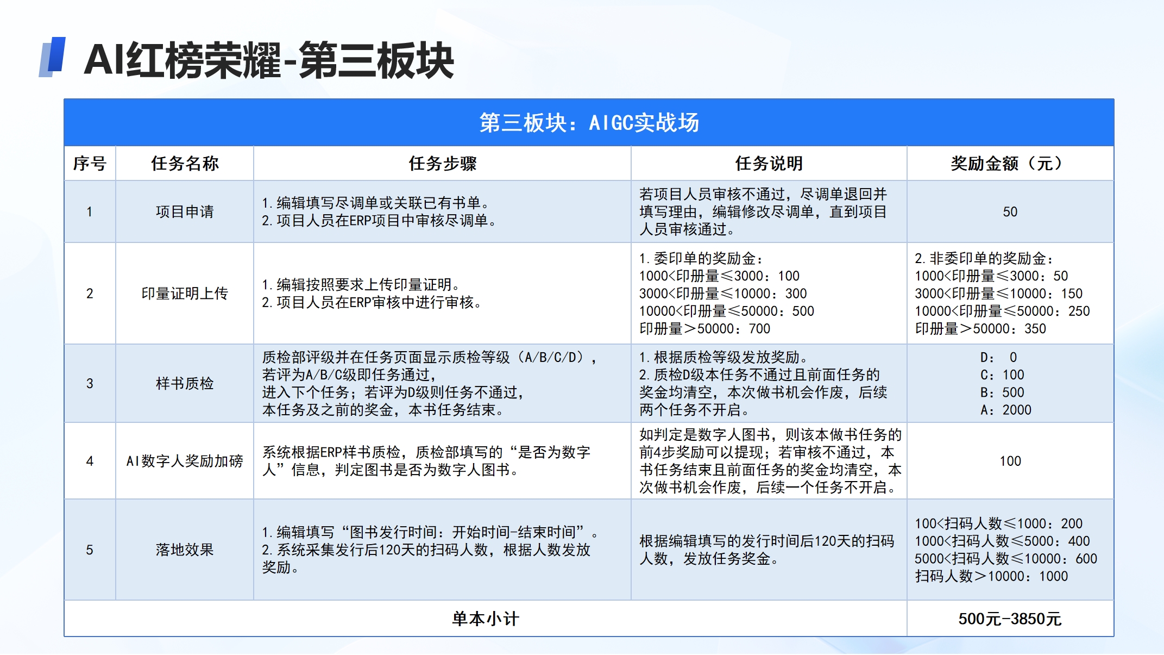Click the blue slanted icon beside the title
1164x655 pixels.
click(x=52, y=57)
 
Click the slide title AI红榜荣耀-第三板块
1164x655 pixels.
click(x=269, y=60)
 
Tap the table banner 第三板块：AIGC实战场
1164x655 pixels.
click(x=589, y=123)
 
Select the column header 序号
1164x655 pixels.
click(x=90, y=164)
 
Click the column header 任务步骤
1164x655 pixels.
click(x=442, y=164)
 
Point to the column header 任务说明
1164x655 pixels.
click(x=769, y=164)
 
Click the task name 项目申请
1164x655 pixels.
click(x=185, y=211)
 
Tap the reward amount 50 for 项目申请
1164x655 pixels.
click(x=1010, y=211)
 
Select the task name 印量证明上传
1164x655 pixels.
click(x=185, y=294)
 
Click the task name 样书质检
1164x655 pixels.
click(x=185, y=384)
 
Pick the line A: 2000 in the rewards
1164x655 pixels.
click(x=1006, y=410)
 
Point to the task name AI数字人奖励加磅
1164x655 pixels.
click(x=185, y=461)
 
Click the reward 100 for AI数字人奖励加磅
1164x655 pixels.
click(x=1010, y=461)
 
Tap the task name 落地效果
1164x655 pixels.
click(x=185, y=550)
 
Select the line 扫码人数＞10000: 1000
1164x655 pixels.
click(x=991, y=576)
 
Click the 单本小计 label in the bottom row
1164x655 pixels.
click(x=486, y=619)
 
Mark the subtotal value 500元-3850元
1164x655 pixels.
click(x=1010, y=619)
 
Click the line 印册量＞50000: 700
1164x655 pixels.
click(x=704, y=329)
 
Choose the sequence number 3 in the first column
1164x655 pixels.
click(x=90, y=384)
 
